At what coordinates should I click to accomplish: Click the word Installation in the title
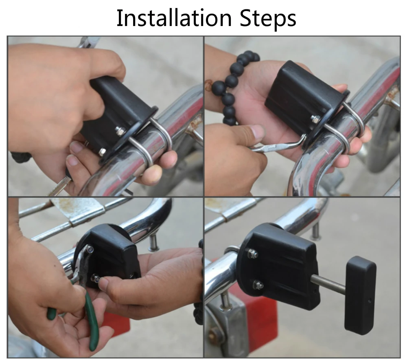174,18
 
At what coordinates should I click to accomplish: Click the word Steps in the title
268,19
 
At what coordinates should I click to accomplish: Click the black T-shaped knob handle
359,295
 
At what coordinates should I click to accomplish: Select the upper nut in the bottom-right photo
252,253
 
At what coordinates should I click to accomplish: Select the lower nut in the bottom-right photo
258,285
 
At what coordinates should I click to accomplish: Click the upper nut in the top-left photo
120,131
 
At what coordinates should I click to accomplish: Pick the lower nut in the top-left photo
102,152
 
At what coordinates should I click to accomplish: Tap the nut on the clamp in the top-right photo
315,119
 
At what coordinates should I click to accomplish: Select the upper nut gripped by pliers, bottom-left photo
90,250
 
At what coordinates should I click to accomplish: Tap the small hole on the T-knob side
370,301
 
